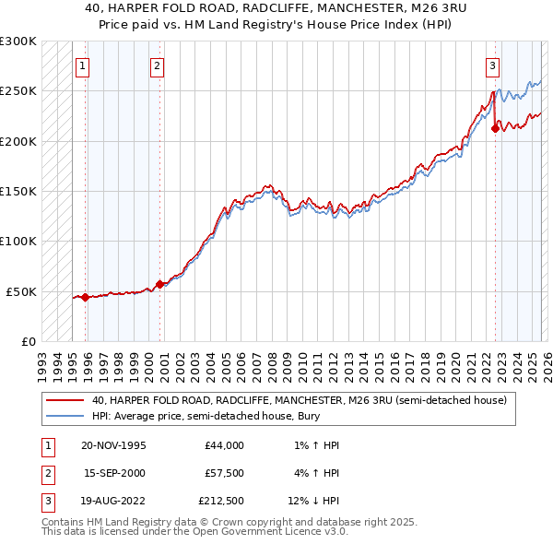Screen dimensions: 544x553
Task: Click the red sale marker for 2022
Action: pyautogui.click(x=495, y=129)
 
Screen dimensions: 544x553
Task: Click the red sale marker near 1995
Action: pyautogui.click(x=85, y=297)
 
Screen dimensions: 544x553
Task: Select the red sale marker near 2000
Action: pyautogui.click(x=159, y=284)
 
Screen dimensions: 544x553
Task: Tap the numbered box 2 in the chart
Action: pyautogui.click(x=158, y=65)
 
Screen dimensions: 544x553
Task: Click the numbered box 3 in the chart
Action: pyautogui.click(x=493, y=65)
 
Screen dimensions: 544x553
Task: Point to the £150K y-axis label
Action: pyautogui.click(x=19, y=191)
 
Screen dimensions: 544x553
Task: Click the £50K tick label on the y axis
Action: pyautogui.click(x=22, y=291)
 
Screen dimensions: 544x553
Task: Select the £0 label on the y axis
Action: pyautogui.click(x=28, y=341)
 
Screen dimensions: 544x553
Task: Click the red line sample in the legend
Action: pyautogui.click(x=65, y=401)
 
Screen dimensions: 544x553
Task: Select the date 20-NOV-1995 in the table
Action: pyautogui.click(x=114, y=445)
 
